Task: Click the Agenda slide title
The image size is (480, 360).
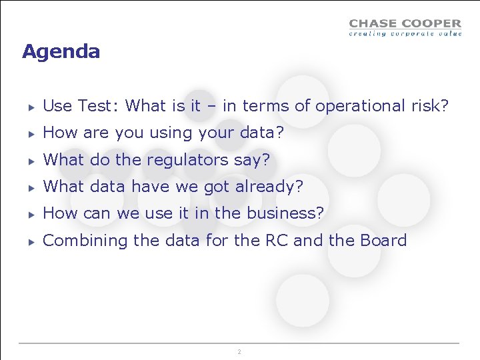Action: click(x=61, y=51)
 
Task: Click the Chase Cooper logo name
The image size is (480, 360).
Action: click(x=405, y=24)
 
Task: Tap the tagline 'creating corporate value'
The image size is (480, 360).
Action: click(x=405, y=33)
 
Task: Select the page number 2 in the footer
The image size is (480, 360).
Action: click(x=239, y=351)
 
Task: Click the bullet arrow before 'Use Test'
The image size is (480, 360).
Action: click(x=31, y=107)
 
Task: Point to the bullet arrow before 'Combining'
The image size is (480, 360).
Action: click(x=31, y=241)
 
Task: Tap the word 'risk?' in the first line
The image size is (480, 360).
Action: click(x=429, y=106)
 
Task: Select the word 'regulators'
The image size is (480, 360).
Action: click(x=189, y=160)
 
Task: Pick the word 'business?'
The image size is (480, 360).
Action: click(x=285, y=213)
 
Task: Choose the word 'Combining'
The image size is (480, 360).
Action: click(x=85, y=240)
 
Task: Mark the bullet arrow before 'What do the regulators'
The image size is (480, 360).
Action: click(x=31, y=161)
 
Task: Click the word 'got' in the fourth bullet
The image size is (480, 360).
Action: click(x=216, y=187)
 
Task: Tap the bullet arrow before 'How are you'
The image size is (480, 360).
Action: click(x=31, y=133)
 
